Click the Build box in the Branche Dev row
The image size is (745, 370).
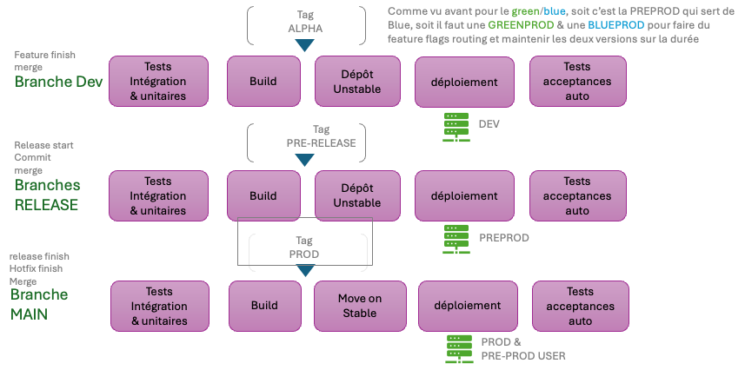[263, 82]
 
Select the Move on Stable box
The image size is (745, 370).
[360, 306]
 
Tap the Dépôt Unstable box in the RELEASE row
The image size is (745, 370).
[357, 195]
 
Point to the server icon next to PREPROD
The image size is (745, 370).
[456, 238]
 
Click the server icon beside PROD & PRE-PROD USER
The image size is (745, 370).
[458, 348]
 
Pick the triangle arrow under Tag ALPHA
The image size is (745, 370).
[303, 44]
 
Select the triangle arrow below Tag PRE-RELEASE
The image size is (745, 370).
[303, 159]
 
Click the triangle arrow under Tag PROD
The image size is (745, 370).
[304, 270]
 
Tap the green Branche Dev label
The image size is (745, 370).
[58, 82]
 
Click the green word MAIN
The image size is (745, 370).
[29, 313]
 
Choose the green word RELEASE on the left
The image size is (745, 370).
[46, 205]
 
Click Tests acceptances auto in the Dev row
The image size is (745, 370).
[576, 82]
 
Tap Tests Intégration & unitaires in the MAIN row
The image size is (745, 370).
[159, 306]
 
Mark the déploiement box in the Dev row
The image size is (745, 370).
[463, 82]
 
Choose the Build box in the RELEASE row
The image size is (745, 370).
[263, 195]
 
